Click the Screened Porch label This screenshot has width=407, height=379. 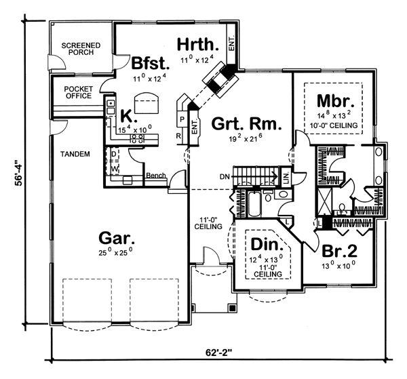tap(81, 49)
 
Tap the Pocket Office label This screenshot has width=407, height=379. tap(79, 92)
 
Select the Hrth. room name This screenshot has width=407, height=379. tap(198, 45)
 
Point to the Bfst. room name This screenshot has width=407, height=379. tap(151, 64)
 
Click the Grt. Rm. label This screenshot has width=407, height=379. tap(246, 124)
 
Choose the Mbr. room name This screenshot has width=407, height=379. tap(335, 100)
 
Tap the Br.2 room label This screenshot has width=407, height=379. tap(339, 251)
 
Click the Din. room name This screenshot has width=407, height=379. tap(267, 244)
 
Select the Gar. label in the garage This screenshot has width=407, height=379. tap(117, 237)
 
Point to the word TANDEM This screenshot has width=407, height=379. tap(75, 154)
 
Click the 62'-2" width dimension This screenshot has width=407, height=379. tap(218, 353)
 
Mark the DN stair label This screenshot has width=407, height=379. tap(225, 177)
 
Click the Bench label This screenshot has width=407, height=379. tap(156, 176)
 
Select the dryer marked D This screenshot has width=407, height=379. tap(113, 155)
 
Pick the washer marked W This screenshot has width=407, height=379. tap(113, 168)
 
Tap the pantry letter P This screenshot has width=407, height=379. tap(182, 119)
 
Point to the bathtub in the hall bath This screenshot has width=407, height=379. tap(255, 205)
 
